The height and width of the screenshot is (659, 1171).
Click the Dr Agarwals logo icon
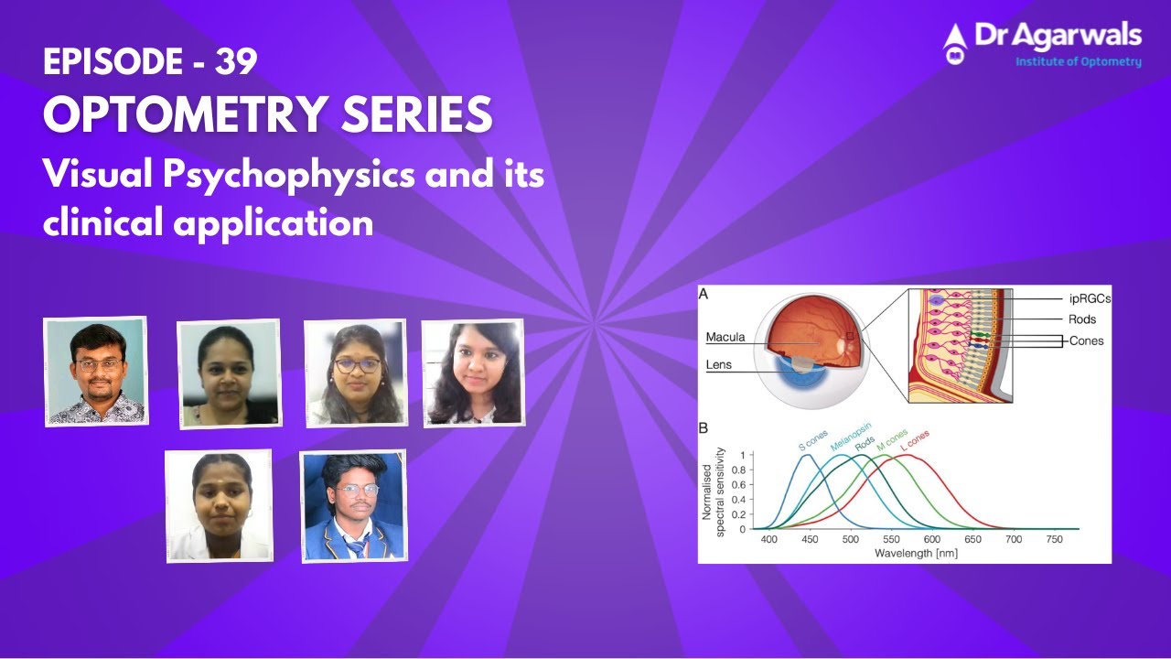955,43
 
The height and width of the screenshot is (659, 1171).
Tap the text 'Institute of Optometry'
1079,62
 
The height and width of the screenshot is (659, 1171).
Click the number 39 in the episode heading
236,61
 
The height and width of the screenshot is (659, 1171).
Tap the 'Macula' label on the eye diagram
725,338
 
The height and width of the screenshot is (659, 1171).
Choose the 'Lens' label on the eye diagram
719,364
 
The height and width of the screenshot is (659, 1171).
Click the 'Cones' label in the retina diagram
1086,340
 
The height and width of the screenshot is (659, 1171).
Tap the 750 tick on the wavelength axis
1054,540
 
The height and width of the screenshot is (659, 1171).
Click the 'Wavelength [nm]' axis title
916,553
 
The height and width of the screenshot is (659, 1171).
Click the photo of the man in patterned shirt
96,371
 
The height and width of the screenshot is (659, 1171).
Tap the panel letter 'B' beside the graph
704,427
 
